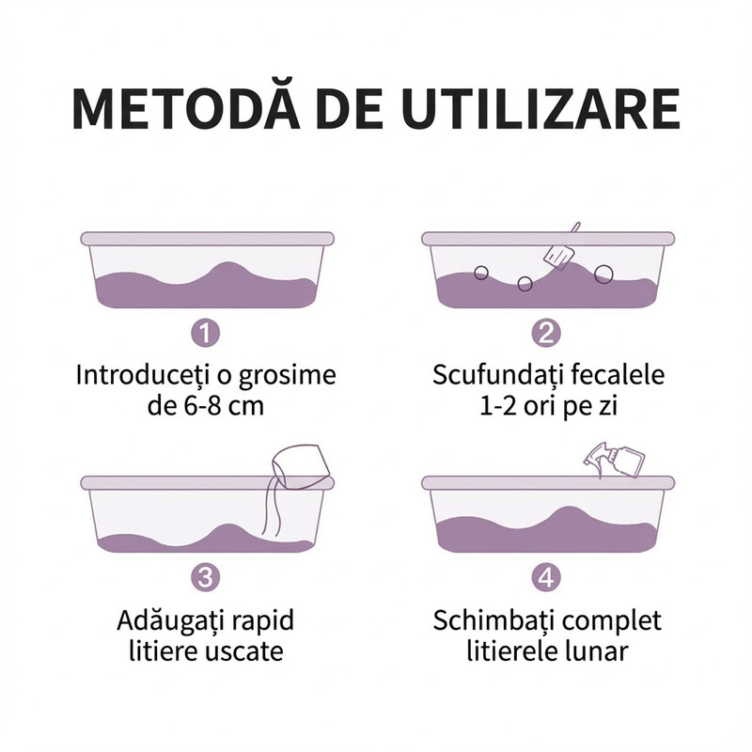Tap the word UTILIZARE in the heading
coord(541,108)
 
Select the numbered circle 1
coord(206,333)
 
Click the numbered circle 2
coord(546,333)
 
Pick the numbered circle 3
coord(206,577)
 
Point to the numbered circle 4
coord(546,577)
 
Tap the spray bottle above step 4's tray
coord(614,459)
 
